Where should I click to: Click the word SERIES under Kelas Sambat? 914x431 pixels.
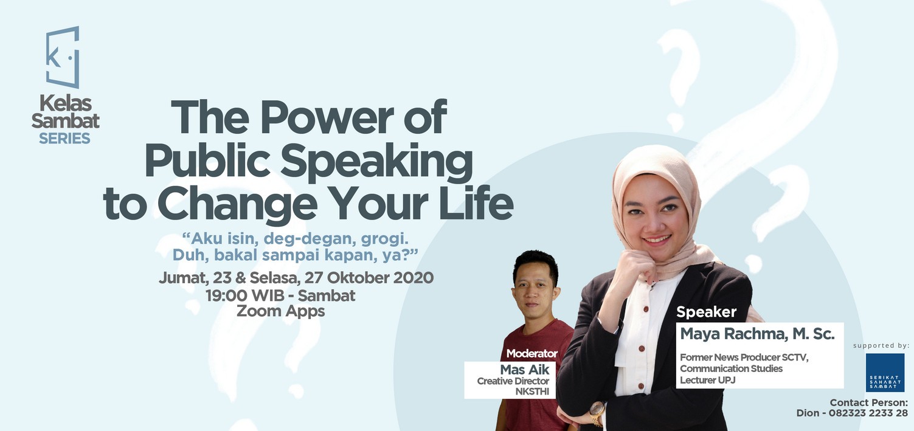click(64, 139)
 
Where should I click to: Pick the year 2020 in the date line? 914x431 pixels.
click(413, 278)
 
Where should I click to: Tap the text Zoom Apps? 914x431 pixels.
click(281, 311)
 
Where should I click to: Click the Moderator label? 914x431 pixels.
click(531, 353)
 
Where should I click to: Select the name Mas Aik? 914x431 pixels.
click(525, 370)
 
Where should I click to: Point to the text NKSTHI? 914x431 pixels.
click(532, 391)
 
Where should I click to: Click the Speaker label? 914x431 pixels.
click(706, 312)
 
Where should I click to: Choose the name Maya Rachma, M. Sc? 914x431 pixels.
click(757, 334)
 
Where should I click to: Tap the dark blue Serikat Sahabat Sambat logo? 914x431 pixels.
click(885, 373)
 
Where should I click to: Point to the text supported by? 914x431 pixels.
click(881, 345)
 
